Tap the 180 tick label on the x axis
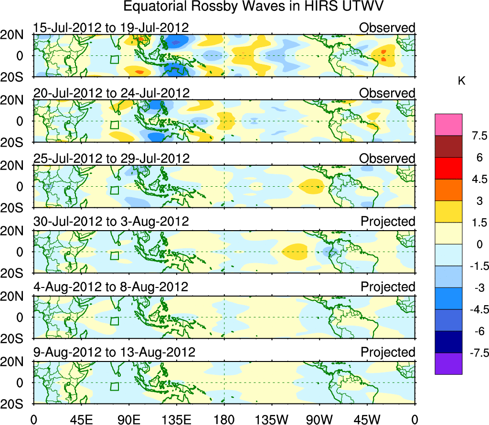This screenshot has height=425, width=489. [224, 419]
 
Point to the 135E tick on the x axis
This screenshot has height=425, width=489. [176, 419]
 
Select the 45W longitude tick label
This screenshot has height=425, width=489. [367, 419]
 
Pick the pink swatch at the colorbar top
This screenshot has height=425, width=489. [448, 125]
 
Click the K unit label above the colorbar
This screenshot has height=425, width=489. [461, 82]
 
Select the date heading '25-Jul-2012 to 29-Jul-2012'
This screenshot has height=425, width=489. [111, 158]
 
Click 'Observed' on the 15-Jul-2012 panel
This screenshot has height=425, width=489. [387, 28]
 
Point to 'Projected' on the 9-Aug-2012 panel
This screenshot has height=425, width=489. [388, 352]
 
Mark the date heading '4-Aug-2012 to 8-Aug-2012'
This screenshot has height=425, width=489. [110, 287]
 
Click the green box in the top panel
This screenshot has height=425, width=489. [114, 60]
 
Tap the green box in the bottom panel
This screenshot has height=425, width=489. [114, 387]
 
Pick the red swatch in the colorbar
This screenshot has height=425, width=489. [448, 168]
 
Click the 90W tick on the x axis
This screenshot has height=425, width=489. [319, 419]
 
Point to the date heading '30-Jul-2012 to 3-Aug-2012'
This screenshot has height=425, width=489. [111, 222]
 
